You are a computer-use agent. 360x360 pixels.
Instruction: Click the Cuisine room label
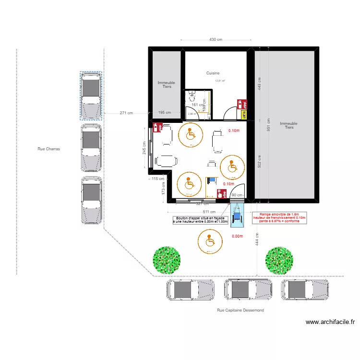tap(213, 73)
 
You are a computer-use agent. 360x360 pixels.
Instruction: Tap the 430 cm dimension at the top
tap(216, 40)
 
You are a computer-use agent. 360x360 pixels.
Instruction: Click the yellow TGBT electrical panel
tap(244, 114)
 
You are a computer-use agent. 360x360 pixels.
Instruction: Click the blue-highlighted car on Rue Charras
tap(91, 96)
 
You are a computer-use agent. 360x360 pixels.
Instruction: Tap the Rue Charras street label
tap(48, 149)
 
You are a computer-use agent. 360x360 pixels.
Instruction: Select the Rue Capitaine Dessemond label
tap(240, 311)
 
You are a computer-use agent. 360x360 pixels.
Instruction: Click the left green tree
tap(166, 259)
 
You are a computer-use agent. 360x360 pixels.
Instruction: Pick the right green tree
tap(279, 259)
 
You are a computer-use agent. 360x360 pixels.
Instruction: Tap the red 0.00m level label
tap(238, 236)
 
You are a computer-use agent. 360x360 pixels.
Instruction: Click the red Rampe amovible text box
tap(279, 218)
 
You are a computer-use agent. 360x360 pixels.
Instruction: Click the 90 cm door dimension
tap(237, 195)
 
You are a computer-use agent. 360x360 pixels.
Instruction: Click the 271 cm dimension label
tap(126, 113)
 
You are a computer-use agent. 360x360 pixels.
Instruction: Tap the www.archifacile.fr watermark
tap(330, 323)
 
